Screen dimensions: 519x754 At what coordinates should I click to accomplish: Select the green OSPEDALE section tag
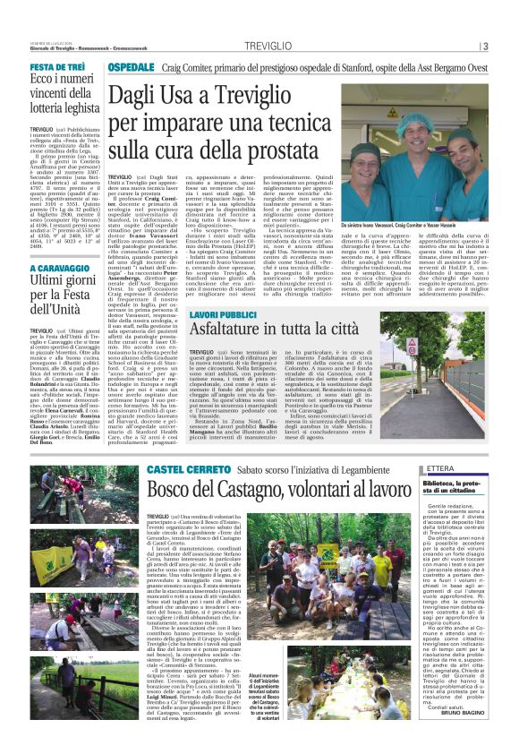[x=132, y=68]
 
